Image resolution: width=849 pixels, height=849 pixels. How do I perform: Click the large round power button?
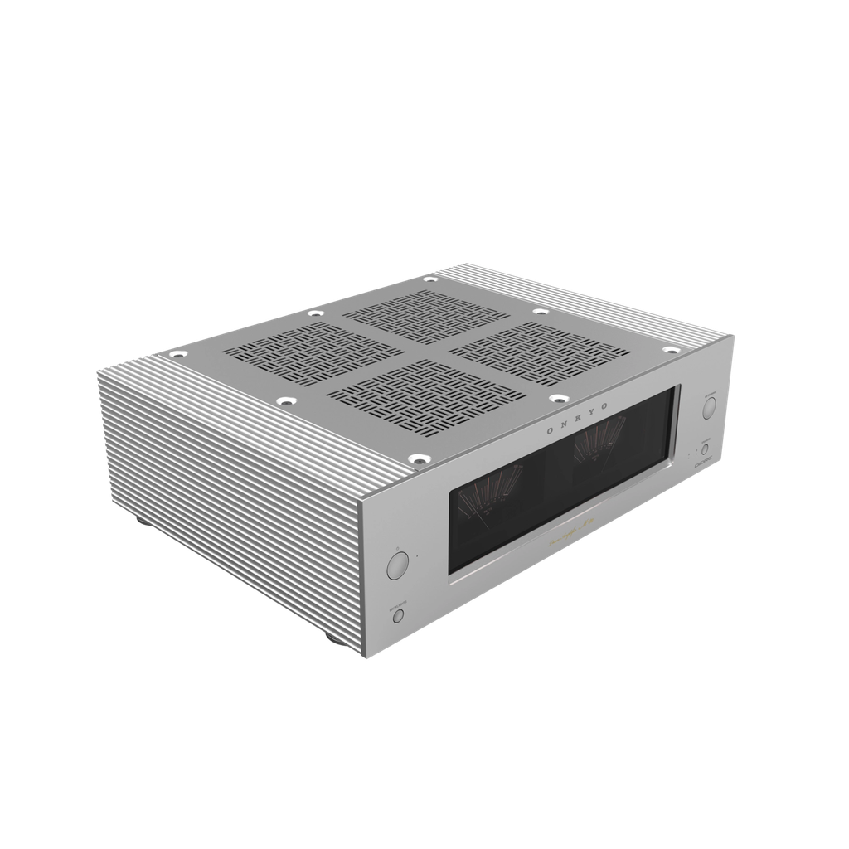tap(397, 566)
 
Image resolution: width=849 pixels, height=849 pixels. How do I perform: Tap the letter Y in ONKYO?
tap(589, 412)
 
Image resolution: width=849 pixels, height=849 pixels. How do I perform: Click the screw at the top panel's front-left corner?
tap(417, 457)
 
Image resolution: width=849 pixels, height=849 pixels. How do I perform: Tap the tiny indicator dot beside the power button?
tap(417, 556)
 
